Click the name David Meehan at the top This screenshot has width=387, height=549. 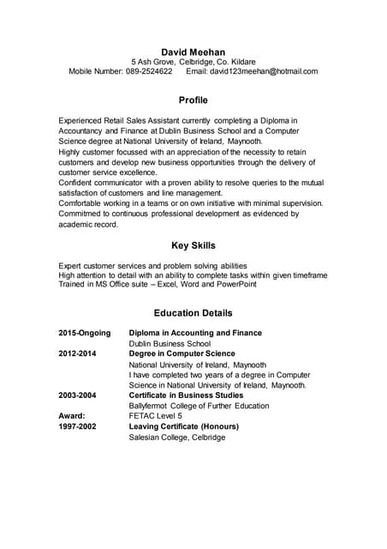(193, 51)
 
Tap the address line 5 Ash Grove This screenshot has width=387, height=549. (153, 62)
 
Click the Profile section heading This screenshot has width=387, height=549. (193, 100)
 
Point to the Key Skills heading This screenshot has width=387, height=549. (193, 245)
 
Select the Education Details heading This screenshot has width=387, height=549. (193, 313)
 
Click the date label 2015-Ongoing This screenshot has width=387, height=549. (84, 333)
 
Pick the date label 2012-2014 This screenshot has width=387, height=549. (77, 353)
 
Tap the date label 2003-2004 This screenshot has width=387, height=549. (77, 395)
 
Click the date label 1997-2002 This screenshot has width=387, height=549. (77, 426)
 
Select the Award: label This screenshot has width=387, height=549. (71, 416)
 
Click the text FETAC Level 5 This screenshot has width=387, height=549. (155, 416)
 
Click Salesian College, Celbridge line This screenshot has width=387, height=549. (176, 437)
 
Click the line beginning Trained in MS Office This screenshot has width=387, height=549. (158, 284)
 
